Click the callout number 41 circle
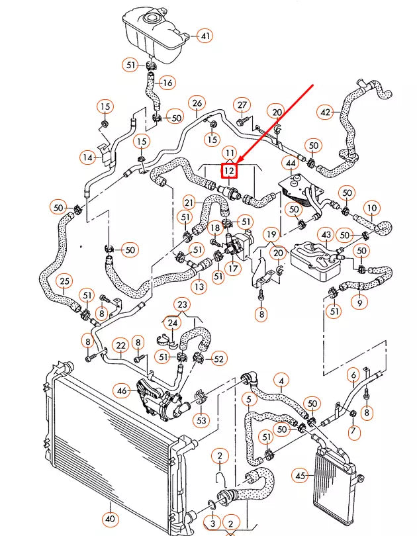[205, 36]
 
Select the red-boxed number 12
[230, 171]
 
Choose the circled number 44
[291, 163]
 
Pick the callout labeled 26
[196, 103]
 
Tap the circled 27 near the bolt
[242, 105]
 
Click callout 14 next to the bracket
[88, 157]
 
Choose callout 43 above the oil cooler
[326, 235]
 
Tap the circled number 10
[372, 208]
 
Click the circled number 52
[218, 359]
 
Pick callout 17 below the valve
[233, 269]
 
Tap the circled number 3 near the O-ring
[212, 523]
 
